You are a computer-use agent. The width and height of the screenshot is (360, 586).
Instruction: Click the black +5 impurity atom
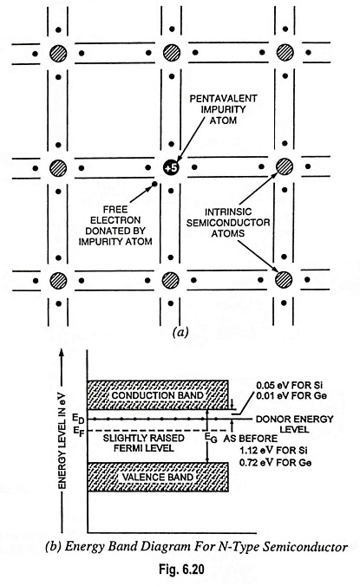coord(171,168)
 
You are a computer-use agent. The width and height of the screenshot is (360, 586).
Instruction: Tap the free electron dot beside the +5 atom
coord(154,184)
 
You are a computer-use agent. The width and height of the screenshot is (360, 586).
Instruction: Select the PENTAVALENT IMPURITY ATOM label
coord(223,109)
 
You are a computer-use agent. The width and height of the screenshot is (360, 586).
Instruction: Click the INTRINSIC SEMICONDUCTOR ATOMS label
coord(228,223)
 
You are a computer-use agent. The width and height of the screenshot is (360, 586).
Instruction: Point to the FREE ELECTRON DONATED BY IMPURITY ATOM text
coord(115,225)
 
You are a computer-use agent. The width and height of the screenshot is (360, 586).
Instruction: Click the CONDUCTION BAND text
coord(157,395)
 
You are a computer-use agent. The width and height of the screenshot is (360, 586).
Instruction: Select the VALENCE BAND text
coord(157,477)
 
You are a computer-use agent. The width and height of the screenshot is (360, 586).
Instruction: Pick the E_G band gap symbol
coord(211,437)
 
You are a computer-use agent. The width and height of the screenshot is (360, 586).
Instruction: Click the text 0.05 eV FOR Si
coord(290,385)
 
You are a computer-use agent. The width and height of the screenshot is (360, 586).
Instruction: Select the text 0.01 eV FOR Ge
coord(291,395)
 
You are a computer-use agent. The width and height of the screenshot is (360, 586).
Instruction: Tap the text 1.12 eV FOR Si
coord(273,451)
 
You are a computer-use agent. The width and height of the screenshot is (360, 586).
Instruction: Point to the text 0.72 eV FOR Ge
coord(276,462)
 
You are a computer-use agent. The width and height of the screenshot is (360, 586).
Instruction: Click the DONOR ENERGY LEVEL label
coord(295,424)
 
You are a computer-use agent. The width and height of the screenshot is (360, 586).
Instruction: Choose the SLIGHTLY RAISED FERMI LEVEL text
coord(143,442)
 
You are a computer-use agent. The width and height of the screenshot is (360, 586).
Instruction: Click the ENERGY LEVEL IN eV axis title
coord(62,440)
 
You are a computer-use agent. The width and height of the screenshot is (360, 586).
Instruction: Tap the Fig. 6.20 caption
coord(181,570)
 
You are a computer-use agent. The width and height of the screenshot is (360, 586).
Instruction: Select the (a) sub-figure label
coord(180,332)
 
